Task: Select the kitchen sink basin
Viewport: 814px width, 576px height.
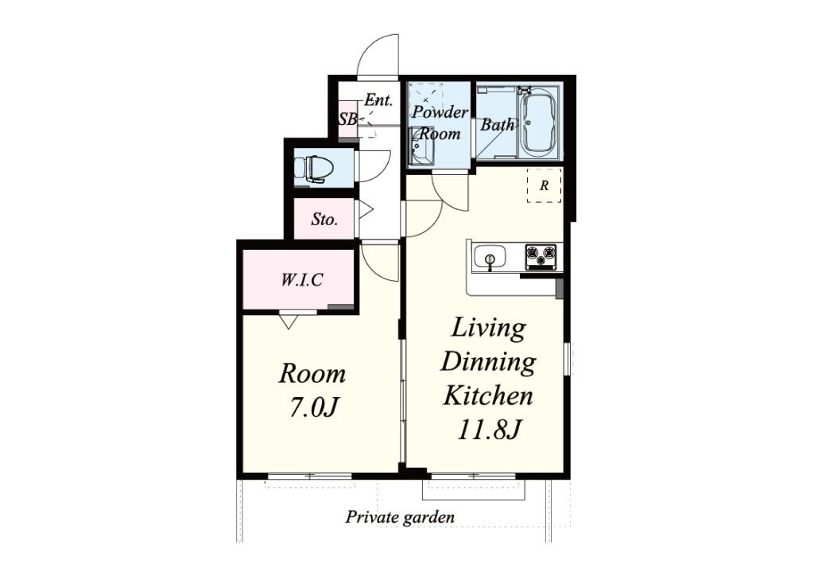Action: click(490, 257)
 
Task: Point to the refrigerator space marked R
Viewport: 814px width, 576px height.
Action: click(544, 185)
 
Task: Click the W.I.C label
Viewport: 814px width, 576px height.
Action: click(302, 280)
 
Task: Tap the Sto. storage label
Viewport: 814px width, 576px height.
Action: click(324, 219)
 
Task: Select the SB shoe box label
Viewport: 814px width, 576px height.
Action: click(347, 119)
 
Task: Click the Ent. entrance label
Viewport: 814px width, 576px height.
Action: click(378, 99)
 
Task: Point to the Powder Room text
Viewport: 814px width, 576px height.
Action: click(440, 123)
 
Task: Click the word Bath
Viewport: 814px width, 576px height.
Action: click(498, 125)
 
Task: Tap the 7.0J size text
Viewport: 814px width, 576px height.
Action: click(313, 407)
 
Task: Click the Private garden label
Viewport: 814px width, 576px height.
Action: click(400, 517)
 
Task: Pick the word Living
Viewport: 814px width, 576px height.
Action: click(488, 329)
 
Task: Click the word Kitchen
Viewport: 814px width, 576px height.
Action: click(488, 395)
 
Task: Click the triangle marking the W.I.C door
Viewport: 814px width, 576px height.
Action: click(288, 321)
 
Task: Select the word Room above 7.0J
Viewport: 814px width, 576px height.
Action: click(312, 373)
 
